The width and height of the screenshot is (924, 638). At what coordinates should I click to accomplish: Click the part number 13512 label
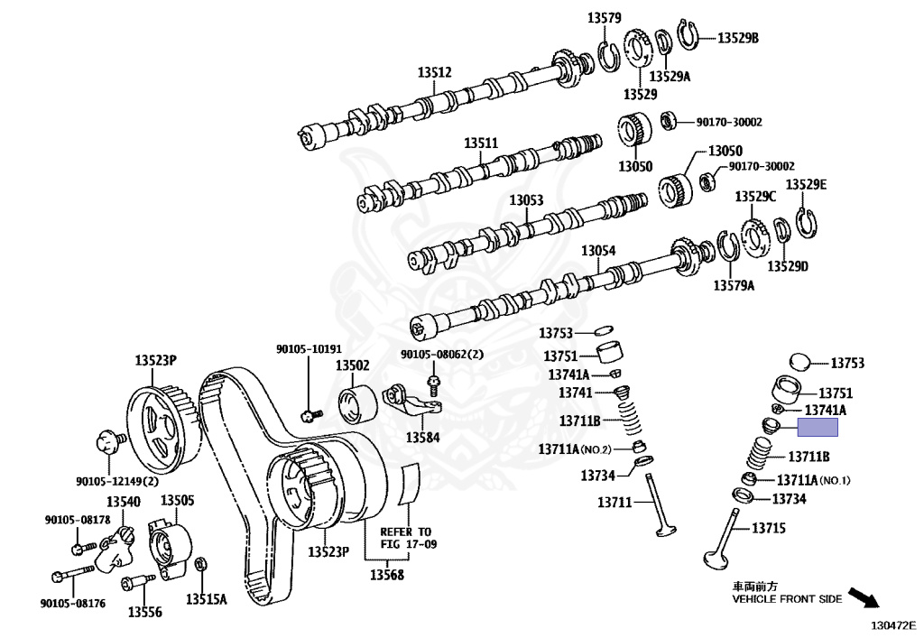click(x=434, y=73)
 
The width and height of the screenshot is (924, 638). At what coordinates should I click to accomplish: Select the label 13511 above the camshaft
click(x=481, y=143)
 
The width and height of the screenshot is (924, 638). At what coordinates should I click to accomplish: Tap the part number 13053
click(x=526, y=199)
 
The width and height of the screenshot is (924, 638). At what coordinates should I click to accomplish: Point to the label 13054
click(x=597, y=251)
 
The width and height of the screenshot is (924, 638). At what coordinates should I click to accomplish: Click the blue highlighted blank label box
click(x=809, y=430)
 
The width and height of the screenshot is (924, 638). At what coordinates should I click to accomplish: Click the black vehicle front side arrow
click(x=864, y=598)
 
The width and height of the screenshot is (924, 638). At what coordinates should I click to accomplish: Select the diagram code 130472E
click(x=893, y=623)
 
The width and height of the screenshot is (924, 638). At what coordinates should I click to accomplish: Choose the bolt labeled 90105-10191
click(x=309, y=414)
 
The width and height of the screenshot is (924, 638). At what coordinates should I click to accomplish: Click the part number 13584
click(x=421, y=438)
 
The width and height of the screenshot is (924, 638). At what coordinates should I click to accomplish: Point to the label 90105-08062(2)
click(x=442, y=355)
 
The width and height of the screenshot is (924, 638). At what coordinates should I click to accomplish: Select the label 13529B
click(x=738, y=38)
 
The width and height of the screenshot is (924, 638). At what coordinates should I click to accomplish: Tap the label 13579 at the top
click(x=605, y=17)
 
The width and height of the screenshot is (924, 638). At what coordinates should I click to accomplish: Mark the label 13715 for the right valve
click(x=770, y=526)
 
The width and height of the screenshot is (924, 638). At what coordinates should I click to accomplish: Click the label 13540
click(x=124, y=502)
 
